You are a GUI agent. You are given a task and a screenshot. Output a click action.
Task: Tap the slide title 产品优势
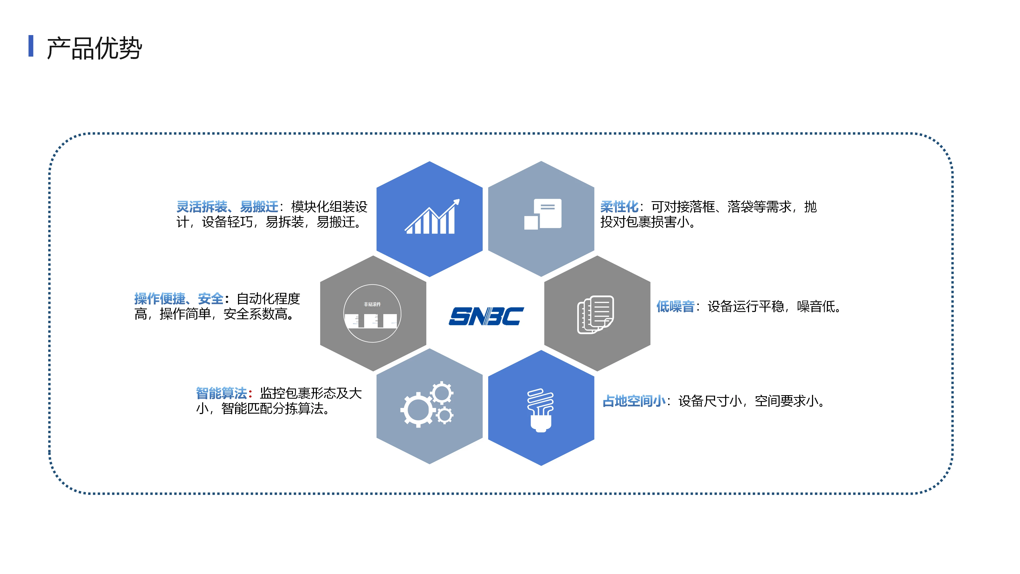(x=94, y=48)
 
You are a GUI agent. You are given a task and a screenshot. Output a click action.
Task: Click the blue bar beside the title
(x=31, y=46)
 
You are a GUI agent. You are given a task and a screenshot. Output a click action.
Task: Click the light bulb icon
(x=541, y=410)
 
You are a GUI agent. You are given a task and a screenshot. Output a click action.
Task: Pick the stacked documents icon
(x=595, y=315)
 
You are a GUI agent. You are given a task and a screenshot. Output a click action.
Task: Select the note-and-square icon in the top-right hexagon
(x=542, y=214)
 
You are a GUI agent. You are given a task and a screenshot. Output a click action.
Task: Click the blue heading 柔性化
(x=619, y=206)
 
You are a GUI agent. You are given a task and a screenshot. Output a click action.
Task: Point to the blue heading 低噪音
(x=675, y=306)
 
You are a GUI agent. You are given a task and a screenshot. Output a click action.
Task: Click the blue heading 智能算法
(x=221, y=393)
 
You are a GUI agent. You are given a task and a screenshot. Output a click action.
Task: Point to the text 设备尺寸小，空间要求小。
(x=752, y=401)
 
